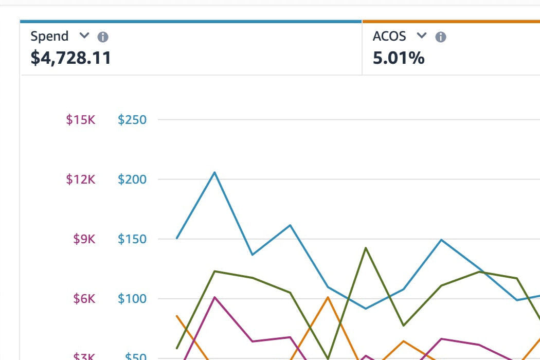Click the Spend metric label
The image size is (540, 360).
coord(49,37)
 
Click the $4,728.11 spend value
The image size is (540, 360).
coord(71,58)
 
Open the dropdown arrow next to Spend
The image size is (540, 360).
coord(84,36)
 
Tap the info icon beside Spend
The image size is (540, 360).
coord(103,37)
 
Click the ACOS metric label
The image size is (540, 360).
coord(389,37)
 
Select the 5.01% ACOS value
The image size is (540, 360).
coord(399,58)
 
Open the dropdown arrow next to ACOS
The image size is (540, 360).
coord(422,36)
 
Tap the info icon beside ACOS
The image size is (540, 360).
coord(441,37)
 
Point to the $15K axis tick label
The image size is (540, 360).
coord(81,120)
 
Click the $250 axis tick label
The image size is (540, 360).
coord(132,120)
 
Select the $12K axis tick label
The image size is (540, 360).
coord(81,179)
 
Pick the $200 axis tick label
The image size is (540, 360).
coord(132,179)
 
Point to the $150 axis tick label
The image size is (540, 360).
coord(132,239)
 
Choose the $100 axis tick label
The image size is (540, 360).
coord(132,299)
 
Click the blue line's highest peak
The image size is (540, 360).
coord(214,172)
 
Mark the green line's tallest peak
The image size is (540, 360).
coord(366,248)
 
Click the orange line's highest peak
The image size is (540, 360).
coord(328,297)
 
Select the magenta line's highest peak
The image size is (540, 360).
coord(214,297)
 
